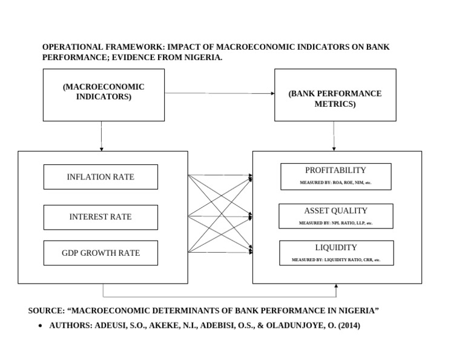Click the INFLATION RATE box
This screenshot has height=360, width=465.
(x=101, y=177)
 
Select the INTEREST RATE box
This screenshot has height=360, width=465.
(x=101, y=217)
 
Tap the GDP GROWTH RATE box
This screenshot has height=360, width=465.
(x=101, y=253)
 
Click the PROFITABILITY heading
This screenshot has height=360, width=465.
(x=335, y=170)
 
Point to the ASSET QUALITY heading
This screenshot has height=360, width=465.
(x=335, y=211)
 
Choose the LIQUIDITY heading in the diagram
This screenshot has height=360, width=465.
(x=335, y=247)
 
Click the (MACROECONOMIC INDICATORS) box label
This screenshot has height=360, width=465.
(x=104, y=92)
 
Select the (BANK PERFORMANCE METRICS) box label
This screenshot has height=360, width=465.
(x=335, y=99)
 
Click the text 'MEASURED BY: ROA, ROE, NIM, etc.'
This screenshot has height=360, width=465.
(x=335, y=182)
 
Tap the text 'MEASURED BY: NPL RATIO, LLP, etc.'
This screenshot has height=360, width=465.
(x=335, y=223)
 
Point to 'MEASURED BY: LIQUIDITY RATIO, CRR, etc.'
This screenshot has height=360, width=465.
(x=335, y=259)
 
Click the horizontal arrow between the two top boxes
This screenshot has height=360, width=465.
(x=219, y=93)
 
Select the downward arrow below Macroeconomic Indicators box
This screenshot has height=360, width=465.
(x=101, y=136)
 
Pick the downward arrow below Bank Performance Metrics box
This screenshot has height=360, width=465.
(x=334, y=136)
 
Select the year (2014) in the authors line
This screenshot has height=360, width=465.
(x=349, y=325)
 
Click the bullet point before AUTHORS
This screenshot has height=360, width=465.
(x=39, y=325)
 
